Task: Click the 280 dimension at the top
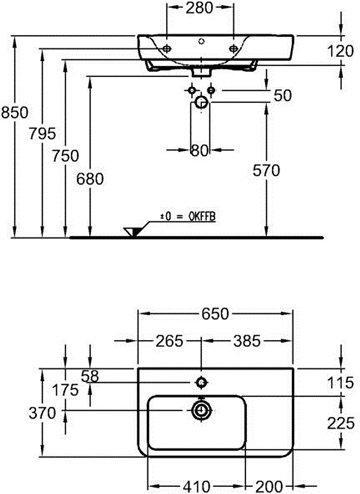(x=199, y=8)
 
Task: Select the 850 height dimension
(x=15, y=112)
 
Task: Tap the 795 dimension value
(x=42, y=134)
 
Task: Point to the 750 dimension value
(x=65, y=156)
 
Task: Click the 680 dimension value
(x=90, y=179)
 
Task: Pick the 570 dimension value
(x=266, y=170)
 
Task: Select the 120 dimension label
(x=340, y=51)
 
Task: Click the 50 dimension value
(x=283, y=95)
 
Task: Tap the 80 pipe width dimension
(x=199, y=150)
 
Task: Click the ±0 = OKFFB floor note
(x=188, y=216)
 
